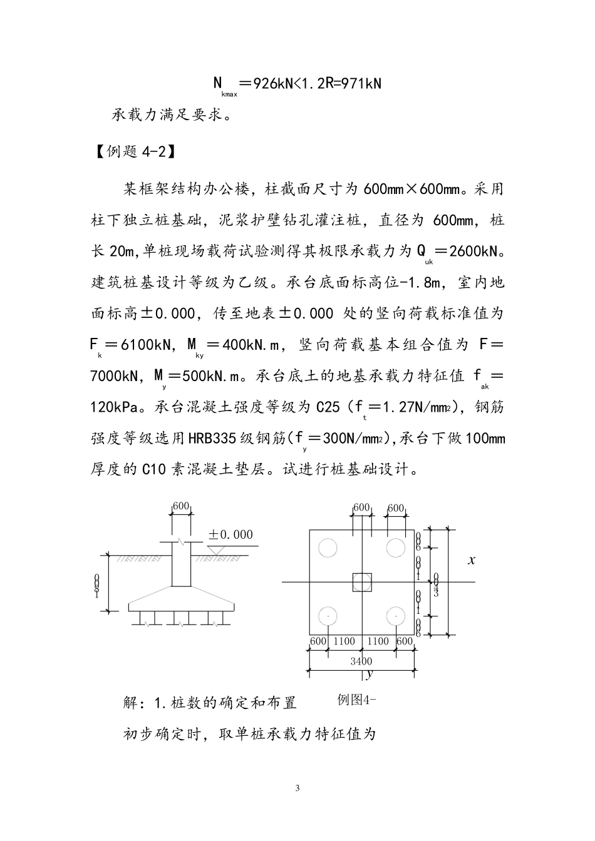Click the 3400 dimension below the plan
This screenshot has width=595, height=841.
361,661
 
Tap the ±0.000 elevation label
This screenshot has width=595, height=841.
230,534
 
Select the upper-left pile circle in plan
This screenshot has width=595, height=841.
327,548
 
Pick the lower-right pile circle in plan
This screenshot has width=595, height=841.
395,616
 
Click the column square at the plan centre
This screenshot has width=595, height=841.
361,582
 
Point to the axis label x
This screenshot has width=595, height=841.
472,561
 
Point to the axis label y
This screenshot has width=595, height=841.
369,675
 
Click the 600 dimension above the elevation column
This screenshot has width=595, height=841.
181,506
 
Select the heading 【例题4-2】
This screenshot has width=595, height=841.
132,152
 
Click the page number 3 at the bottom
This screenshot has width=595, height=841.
297,788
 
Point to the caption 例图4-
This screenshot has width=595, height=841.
356,700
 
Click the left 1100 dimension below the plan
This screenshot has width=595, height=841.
344,641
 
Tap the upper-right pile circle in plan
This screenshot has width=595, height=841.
395,548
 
